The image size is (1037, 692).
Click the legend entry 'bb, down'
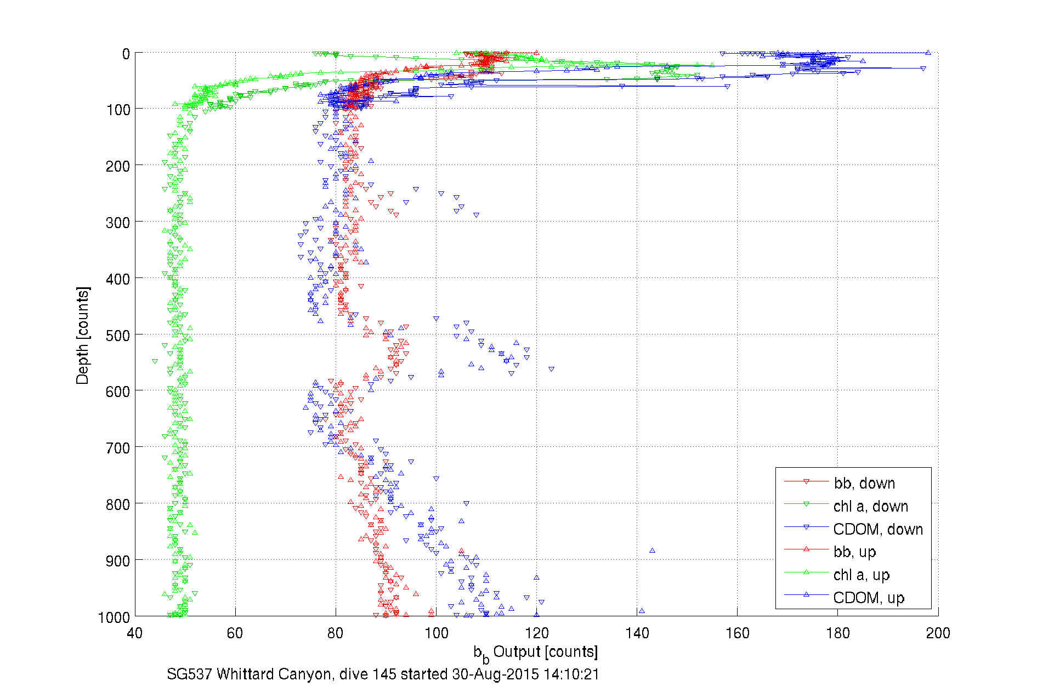[864, 483]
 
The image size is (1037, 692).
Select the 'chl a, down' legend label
[870, 506]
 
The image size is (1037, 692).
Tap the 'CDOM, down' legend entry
[877, 529]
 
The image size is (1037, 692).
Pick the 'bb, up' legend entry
[854, 552]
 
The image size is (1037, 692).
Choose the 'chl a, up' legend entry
[861, 575]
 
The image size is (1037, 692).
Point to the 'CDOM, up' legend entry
[868, 598]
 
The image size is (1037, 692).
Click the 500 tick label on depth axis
[118, 336]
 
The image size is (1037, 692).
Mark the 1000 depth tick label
[114, 617]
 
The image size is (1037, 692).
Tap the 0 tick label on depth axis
[126, 54]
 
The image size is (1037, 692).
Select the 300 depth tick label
[118, 223]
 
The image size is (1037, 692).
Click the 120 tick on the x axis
[536, 633]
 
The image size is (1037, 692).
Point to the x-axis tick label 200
[938, 633]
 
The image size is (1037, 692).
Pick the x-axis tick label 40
[135, 633]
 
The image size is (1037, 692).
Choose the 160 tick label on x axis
[737, 633]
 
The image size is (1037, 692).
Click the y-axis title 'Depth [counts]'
[82, 335]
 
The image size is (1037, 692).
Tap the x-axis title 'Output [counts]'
[545, 652]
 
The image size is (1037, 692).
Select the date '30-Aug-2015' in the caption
[495, 674]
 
